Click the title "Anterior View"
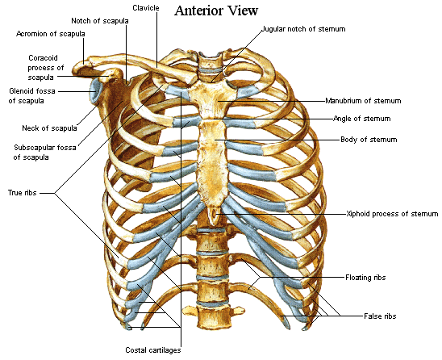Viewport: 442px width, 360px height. (x=216, y=10)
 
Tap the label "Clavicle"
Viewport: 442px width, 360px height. (x=146, y=8)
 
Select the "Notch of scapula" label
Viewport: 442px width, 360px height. (x=100, y=21)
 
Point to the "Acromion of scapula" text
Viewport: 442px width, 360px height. (x=51, y=34)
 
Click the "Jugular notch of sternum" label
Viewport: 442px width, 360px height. (x=303, y=29)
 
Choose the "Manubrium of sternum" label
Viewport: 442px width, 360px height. (x=363, y=101)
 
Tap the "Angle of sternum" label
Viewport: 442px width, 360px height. (x=362, y=119)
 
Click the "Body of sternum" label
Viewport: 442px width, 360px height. (x=369, y=140)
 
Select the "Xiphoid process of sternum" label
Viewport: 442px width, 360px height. (x=392, y=214)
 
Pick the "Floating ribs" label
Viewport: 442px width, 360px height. (x=365, y=278)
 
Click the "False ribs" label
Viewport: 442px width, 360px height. (x=380, y=316)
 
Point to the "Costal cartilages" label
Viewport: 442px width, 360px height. (x=153, y=350)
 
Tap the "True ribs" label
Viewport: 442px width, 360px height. (x=23, y=193)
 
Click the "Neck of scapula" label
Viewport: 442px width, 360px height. (x=49, y=128)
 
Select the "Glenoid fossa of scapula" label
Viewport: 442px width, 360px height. (x=31, y=96)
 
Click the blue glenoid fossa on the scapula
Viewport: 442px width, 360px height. (x=94, y=90)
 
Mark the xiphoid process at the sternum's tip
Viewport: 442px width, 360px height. (x=215, y=215)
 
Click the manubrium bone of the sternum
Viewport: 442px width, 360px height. (x=209, y=97)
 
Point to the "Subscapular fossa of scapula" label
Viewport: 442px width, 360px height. (x=45, y=153)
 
